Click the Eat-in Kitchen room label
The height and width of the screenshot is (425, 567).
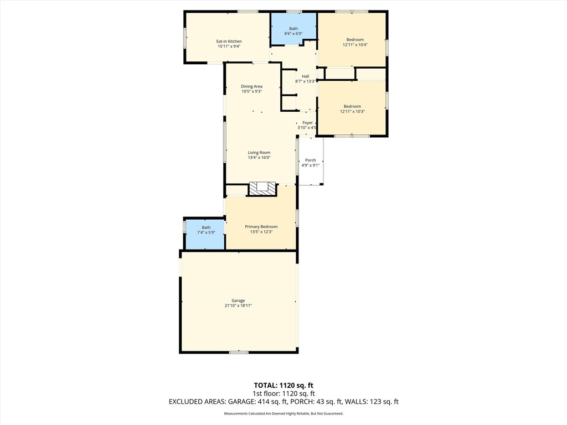pyautogui.click(x=229, y=42)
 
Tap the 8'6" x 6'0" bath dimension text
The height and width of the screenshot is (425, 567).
pyautogui.click(x=293, y=34)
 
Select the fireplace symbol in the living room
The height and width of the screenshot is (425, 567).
pyautogui.click(x=262, y=189)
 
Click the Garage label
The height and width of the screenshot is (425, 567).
pyautogui.click(x=238, y=300)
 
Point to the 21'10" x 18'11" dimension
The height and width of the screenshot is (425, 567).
pyautogui.click(x=238, y=305)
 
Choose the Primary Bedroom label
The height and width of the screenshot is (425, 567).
pyautogui.click(x=261, y=226)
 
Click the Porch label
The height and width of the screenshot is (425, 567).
pyautogui.click(x=310, y=160)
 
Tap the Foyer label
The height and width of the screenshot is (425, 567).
pyautogui.click(x=307, y=122)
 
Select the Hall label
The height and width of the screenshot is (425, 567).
pyautogui.click(x=305, y=76)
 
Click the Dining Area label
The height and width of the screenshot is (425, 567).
pyautogui.click(x=251, y=86)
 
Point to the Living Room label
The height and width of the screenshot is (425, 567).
pyautogui.click(x=259, y=153)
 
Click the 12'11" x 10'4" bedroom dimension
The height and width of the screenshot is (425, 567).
pyautogui.click(x=355, y=45)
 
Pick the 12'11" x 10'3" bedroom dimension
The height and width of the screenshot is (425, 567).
pyautogui.click(x=352, y=111)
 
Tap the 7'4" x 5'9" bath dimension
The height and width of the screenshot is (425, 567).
pyautogui.click(x=206, y=232)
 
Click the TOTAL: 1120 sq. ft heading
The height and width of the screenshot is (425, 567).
pyautogui.click(x=283, y=385)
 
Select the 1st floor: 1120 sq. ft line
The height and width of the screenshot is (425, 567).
pyautogui.click(x=283, y=393)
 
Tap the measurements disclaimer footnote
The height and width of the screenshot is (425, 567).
pyautogui.click(x=283, y=413)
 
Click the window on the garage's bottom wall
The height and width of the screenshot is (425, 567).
pyautogui.click(x=239, y=352)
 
